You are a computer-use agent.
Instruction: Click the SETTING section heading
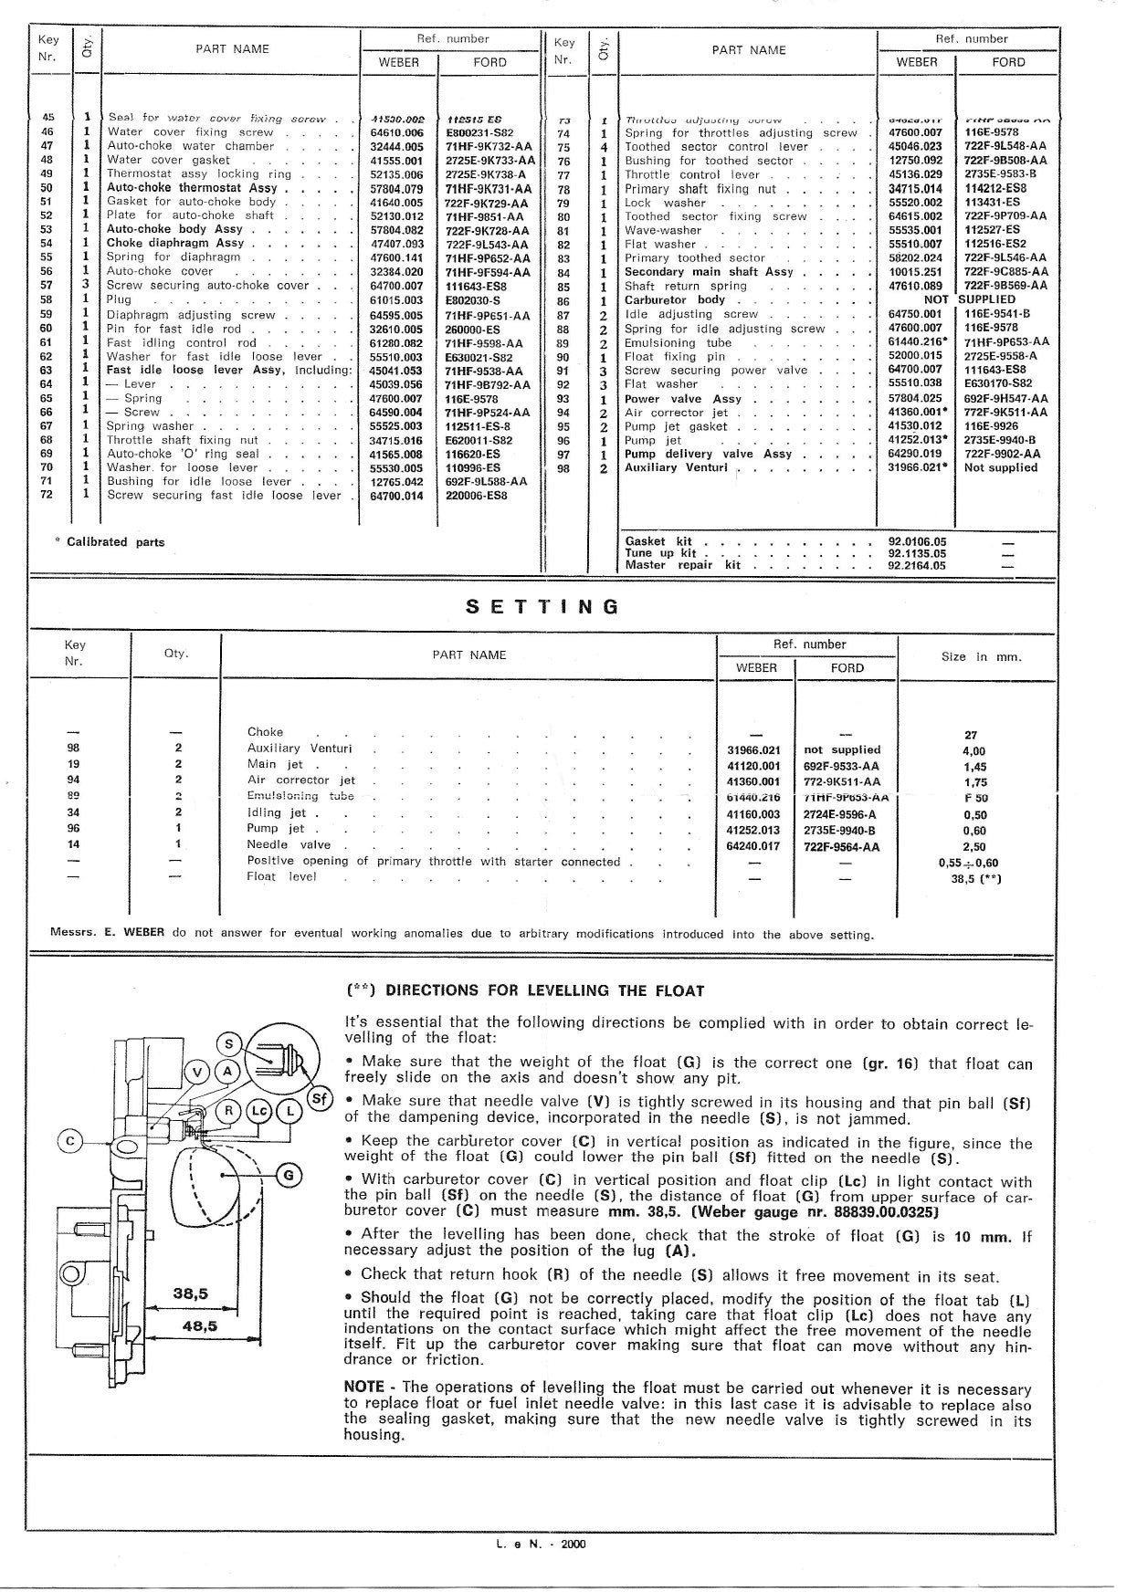click(x=542, y=607)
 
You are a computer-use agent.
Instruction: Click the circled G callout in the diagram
click(x=289, y=1175)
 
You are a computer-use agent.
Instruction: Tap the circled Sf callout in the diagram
click(x=319, y=1098)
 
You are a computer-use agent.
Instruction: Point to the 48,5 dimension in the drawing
click(x=198, y=1325)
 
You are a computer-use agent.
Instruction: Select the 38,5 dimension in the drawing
click(x=191, y=1293)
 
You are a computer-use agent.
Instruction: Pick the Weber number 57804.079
click(x=396, y=188)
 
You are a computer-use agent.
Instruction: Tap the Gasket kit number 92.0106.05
click(x=917, y=541)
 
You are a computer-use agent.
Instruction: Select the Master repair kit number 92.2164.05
click(x=917, y=565)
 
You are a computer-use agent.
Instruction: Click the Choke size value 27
click(x=971, y=735)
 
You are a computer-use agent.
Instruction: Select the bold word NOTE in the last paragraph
click(x=363, y=1388)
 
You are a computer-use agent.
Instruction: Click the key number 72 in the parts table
click(x=47, y=495)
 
